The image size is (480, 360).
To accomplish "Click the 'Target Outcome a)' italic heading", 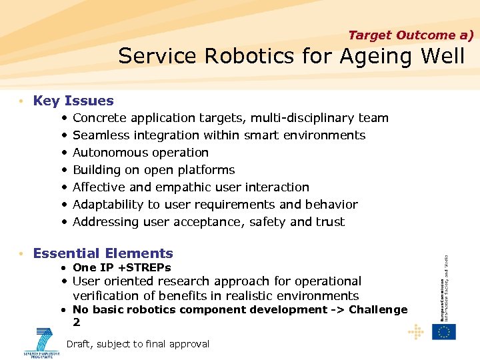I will click(x=410, y=35).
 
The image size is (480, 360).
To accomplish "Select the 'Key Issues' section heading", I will click(x=73, y=101).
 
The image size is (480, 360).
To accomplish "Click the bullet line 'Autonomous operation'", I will click(x=141, y=153).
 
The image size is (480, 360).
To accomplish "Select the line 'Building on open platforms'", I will click(x=153, y=170).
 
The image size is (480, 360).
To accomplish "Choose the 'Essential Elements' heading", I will click(x=103, y=253).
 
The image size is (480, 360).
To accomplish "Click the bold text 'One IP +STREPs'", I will click(x=121, y=267).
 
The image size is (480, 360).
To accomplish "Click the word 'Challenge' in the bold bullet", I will click(x=378, y=309).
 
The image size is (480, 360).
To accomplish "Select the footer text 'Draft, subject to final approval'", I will click(x=138, y=344).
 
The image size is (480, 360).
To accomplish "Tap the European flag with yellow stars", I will click(x=443, y=332).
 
